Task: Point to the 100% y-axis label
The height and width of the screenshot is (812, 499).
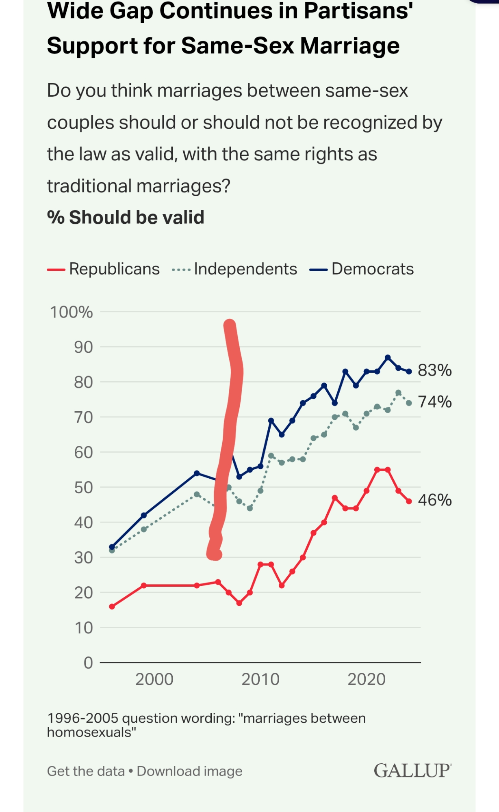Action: pyautogui.click(x=71, y=312)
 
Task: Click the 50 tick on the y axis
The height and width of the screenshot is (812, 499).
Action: pyautogui.click(x=83, y=487)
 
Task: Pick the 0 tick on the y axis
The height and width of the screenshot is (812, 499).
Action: pyautogui.click(x=88, y=663)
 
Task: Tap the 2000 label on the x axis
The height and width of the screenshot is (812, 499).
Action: pyautogui.click(x=154, y=679)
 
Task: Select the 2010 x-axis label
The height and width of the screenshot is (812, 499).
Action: pyautogui.click(x=260, y=679)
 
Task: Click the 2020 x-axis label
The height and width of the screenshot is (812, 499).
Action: pyautogui.click(x=367, y=679)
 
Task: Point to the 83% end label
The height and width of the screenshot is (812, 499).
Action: pyautogui.click(x=435, y=370)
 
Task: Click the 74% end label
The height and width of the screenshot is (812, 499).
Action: pyautogui.click(x=435, y=402)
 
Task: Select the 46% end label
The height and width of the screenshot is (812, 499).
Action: pyautogui.click(x=435, y=500)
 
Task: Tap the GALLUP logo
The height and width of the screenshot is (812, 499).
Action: pyautogui.click(x=412, y=771)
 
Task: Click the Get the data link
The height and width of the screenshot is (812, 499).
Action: pyautogui.click(x=86, y=771)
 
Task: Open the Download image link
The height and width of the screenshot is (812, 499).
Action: pyautogui.click(x=189, y=771)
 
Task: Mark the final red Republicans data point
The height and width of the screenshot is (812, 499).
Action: pyautogui.click(x=409, y=501)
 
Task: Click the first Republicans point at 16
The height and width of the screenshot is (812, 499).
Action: pyautogui.click(x=112, y=607)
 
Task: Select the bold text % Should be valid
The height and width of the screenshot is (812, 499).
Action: pyautogui.click(x=126, y=217)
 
